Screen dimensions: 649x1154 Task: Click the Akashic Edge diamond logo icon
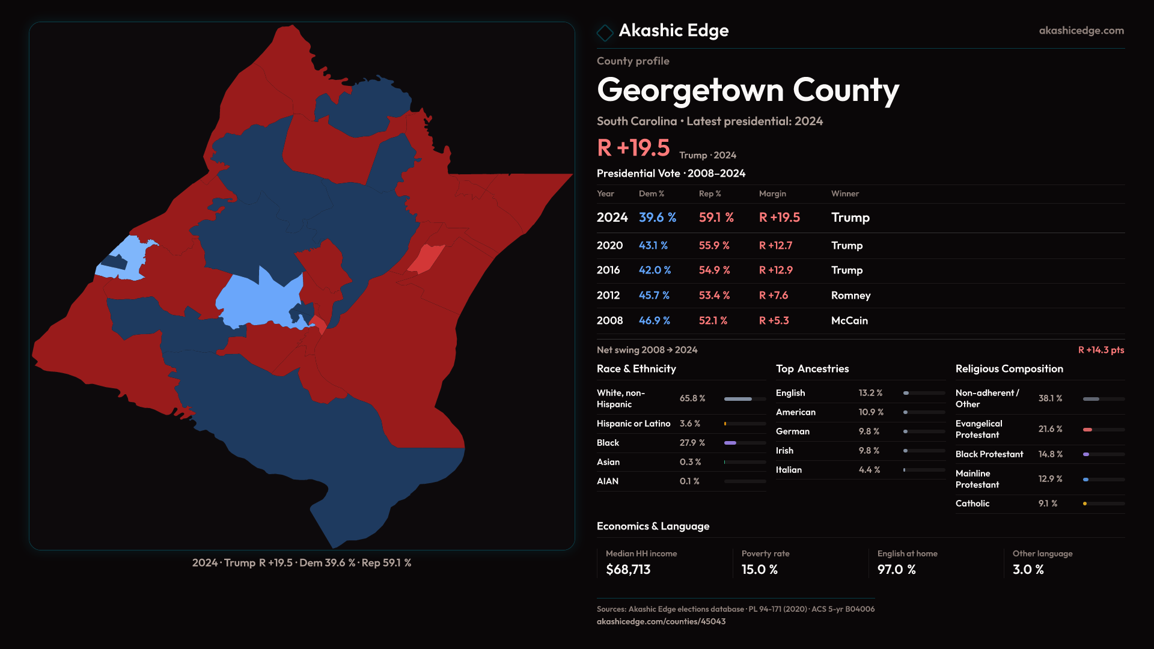[x=605, y=32]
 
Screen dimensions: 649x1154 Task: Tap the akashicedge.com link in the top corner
[x=1081, y=31]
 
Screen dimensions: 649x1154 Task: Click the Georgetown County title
[x=748, y=90]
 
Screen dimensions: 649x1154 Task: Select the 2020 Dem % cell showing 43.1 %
[x=653, y=246]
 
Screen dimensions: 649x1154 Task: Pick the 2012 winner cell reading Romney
[x=850, y=296]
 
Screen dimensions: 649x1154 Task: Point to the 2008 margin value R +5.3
[x=774, y=321]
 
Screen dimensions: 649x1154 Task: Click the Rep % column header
[x=710, y=193]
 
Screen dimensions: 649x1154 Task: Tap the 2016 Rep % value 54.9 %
[x=714, y=270]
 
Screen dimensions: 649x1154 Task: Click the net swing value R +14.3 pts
[x=1101, y=350]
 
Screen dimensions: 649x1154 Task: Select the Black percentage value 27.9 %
[x=692, y=443]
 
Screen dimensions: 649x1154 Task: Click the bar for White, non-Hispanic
[x=745, y=399]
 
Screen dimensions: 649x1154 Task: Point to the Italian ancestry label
[x=789, y=470]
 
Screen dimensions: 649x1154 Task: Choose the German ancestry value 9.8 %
[x=869, y=431]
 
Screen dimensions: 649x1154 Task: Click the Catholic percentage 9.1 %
[x=1048, y=504]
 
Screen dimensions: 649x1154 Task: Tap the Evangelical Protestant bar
[x=1103, y=430]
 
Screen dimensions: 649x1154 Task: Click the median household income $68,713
[x=628, y=570]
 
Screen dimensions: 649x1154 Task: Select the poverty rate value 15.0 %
[x=760, y=570]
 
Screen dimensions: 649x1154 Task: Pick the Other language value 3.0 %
[x=1028, y=570]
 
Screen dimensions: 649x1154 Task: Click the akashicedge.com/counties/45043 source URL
[x=661, y=621]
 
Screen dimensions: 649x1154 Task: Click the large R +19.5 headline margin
[x=633, y=148]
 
